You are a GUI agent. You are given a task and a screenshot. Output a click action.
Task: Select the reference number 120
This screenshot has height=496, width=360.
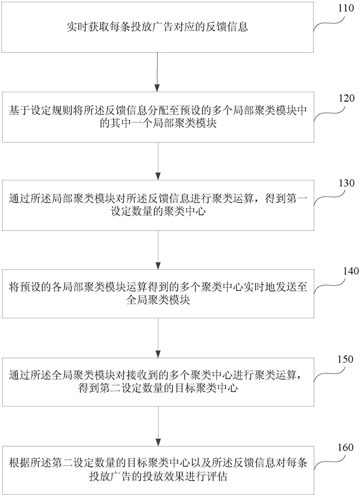pos(347,98)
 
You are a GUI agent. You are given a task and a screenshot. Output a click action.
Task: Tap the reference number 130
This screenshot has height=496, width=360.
pos(346,183)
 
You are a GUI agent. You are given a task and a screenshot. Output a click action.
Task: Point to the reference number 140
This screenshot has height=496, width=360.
pos(351,271)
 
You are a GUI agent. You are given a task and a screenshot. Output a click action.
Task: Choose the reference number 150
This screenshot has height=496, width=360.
pos(345,359)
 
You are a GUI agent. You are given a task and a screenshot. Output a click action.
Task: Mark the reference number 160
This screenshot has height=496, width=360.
pos(345,448)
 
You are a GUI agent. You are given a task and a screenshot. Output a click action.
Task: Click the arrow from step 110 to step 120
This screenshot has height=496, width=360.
pos(158,72)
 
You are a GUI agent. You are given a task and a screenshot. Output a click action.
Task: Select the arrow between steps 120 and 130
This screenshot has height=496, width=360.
pos(158,161)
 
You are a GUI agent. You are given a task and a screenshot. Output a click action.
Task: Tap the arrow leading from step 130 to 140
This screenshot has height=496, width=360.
pos(158,250)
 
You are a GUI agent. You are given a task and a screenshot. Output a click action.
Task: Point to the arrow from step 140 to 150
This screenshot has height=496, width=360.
pos(158,338)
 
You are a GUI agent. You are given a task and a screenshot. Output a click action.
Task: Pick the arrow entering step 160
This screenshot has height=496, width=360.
pos(158,426)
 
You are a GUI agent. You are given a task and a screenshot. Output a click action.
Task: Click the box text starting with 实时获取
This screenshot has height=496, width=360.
pos(157,27)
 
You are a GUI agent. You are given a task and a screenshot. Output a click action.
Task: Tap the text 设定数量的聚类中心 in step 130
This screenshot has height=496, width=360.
pos(158,211)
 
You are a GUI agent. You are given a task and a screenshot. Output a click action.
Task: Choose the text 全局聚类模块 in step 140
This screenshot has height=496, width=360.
pos(158,299)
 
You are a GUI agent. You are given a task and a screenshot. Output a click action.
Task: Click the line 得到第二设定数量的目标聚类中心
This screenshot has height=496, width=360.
pos(158,388)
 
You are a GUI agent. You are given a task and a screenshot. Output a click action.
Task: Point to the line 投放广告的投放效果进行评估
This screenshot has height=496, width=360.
pos(158,476)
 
